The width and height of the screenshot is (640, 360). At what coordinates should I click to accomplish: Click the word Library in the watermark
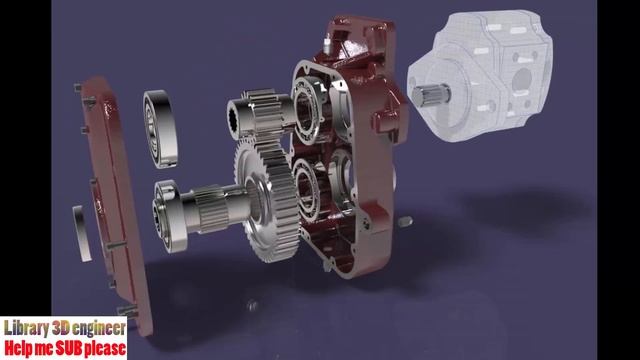(27, 328)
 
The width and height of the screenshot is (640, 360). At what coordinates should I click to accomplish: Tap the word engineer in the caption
(99, 328)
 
